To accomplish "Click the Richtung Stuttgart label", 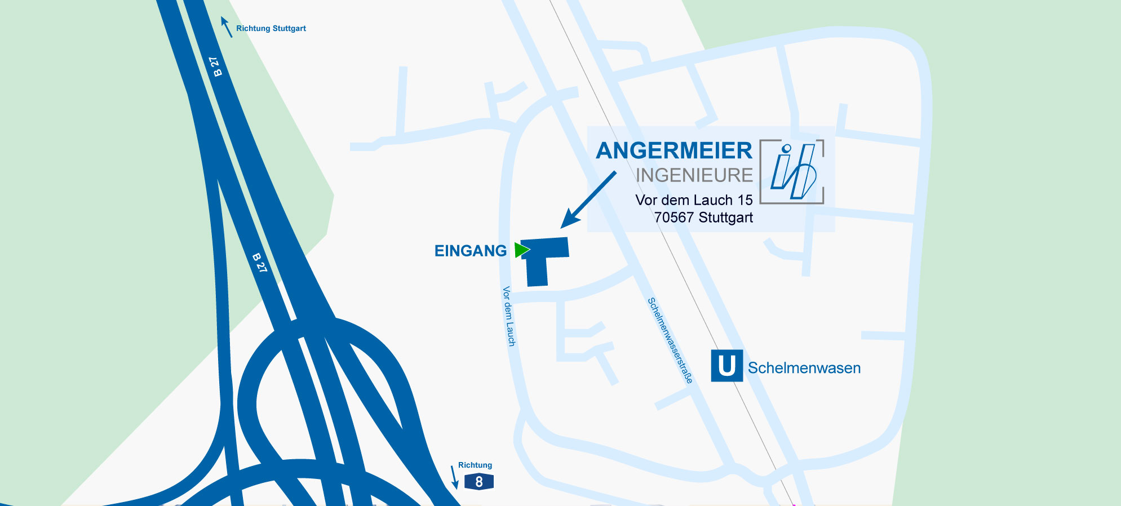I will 271,28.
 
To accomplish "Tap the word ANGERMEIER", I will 674,151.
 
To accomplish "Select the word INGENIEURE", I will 694,176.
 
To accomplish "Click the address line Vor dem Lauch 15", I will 694,200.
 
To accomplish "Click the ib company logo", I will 792,171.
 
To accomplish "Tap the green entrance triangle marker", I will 521,250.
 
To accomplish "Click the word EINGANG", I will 471,251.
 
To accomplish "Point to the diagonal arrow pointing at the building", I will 589,199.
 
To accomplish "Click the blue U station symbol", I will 726,366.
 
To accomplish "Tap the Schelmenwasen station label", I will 804,368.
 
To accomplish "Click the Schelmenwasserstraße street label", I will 670,340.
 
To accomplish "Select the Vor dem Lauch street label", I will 509,316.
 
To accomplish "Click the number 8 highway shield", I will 479,482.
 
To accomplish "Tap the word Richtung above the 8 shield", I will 475,465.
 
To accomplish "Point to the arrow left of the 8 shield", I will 454,477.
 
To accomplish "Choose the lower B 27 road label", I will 259,263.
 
